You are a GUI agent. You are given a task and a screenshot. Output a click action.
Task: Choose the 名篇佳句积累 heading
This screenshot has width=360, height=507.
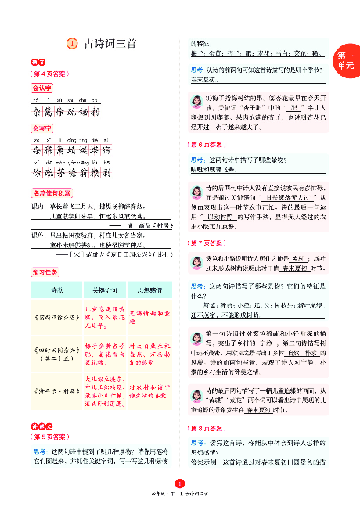pos(50,192)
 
